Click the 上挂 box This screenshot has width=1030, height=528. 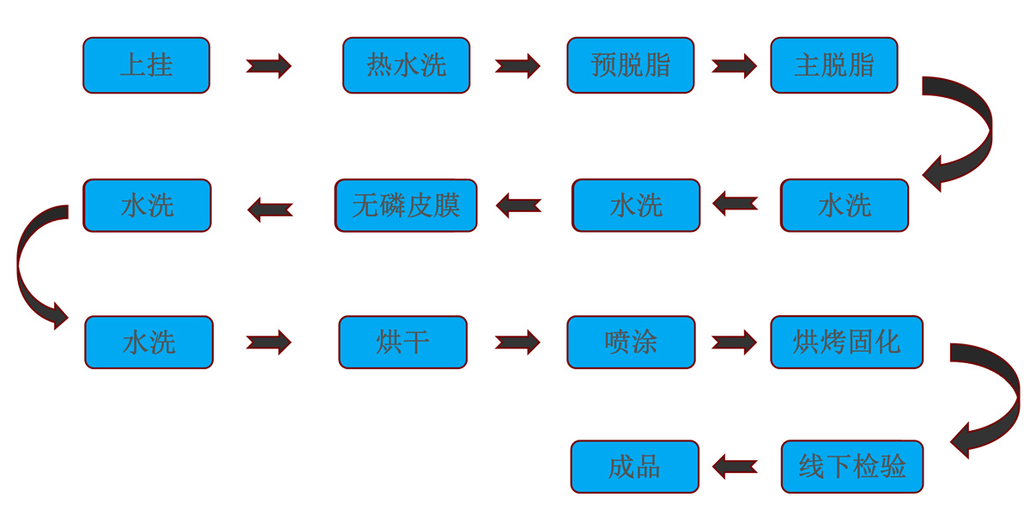pyautogui.click(x=146, y=65)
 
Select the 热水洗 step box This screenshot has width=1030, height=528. pyautogui.click(x=406, y=65)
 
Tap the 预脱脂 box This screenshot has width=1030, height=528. pyautogui.click(x=630, y=65)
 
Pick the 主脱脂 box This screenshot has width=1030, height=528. pyautogui.click(x=833, y=65)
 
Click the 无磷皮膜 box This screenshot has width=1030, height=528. pyautogui.click(x=405, y=205)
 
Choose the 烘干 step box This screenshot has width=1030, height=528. pyautogui.click(x=403, y=343)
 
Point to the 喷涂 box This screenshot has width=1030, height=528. pyautogui.click(x=630, y=343)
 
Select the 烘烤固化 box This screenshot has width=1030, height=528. pyautogui.click(x=846, y=343)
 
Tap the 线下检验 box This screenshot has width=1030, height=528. pyautogui.click(x=851, y=467)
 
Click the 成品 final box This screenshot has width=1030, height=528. pyautogui.click(x=634, y=467)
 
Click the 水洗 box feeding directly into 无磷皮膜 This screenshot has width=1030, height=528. pyautogui.click(x=636, y=205)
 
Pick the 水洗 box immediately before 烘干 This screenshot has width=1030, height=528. pyautogui.click(x=148, y=343)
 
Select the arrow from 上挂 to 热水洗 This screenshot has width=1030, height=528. pyautogui.click(x=269, y=66)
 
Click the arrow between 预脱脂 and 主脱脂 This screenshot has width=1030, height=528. pyautogui.click(x=734, y=66)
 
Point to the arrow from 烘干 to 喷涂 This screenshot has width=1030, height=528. pyautogui.click(x=517, y=343)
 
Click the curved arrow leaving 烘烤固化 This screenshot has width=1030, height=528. pyautogui.click(x=996, y=395)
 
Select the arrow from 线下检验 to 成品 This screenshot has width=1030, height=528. pyautogui.click(x=735, y=468)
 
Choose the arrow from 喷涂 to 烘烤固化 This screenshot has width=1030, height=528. pyautogui.click(x=734, y=343)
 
